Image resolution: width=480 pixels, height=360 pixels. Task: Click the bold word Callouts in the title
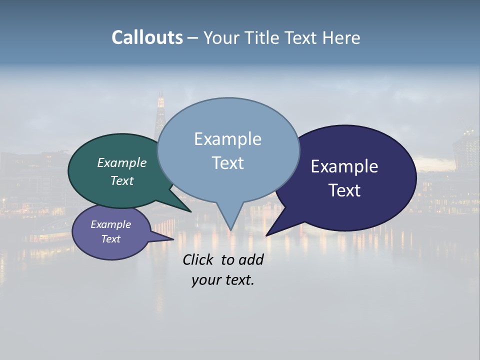tap(147, 37)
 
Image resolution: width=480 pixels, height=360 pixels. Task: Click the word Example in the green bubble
tap(122, 162)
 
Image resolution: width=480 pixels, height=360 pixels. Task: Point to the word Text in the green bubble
tap(122, 180)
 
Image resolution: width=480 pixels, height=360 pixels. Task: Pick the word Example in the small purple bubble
tap(110, 224)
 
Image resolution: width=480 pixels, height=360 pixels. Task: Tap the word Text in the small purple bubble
tap(110, 239)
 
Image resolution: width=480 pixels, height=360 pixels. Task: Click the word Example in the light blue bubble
tap(227, 139)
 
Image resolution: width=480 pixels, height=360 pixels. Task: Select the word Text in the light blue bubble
tap(227, 163)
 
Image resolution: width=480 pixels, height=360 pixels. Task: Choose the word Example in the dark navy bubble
tap(344, 166)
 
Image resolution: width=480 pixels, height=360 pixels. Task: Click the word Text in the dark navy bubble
tap(344, 190)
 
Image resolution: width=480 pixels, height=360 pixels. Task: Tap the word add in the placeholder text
tap(251, 259)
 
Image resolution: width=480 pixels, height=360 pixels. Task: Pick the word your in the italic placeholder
tap(205, 280)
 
